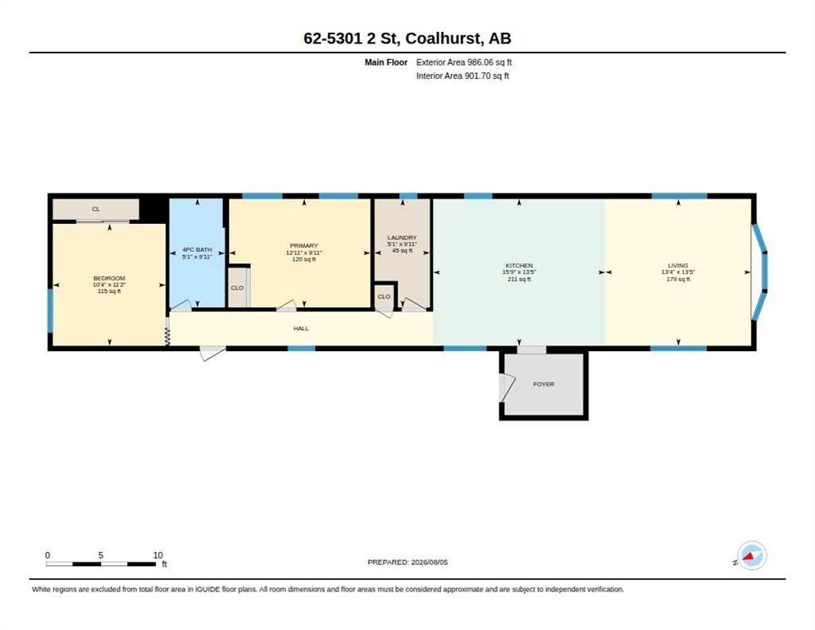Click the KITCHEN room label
[x=519, y=265]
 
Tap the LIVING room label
[x=678, y=265]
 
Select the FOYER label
[x=544, y=384]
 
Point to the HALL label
[x=301, y=328]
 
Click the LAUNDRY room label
[x=402, y=237]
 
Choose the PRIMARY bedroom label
[x=303, y=245]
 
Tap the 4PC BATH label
[x=197, y=249]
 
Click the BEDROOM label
[x=109, y=278]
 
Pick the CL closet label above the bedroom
[x=96, y=209]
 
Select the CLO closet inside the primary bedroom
[x=237, y=288]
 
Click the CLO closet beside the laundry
[x=384, y=296]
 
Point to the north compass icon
[x=752, y=555]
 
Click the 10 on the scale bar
[x=158, y=555]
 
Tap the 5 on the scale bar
[x=101, y=555]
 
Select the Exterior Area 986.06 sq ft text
[x=463, y=62]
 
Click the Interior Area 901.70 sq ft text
[x=462, y=76]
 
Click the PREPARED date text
[x=407, y=563]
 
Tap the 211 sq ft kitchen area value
[x=519, y=280]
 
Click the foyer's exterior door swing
[x=508, y=387]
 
